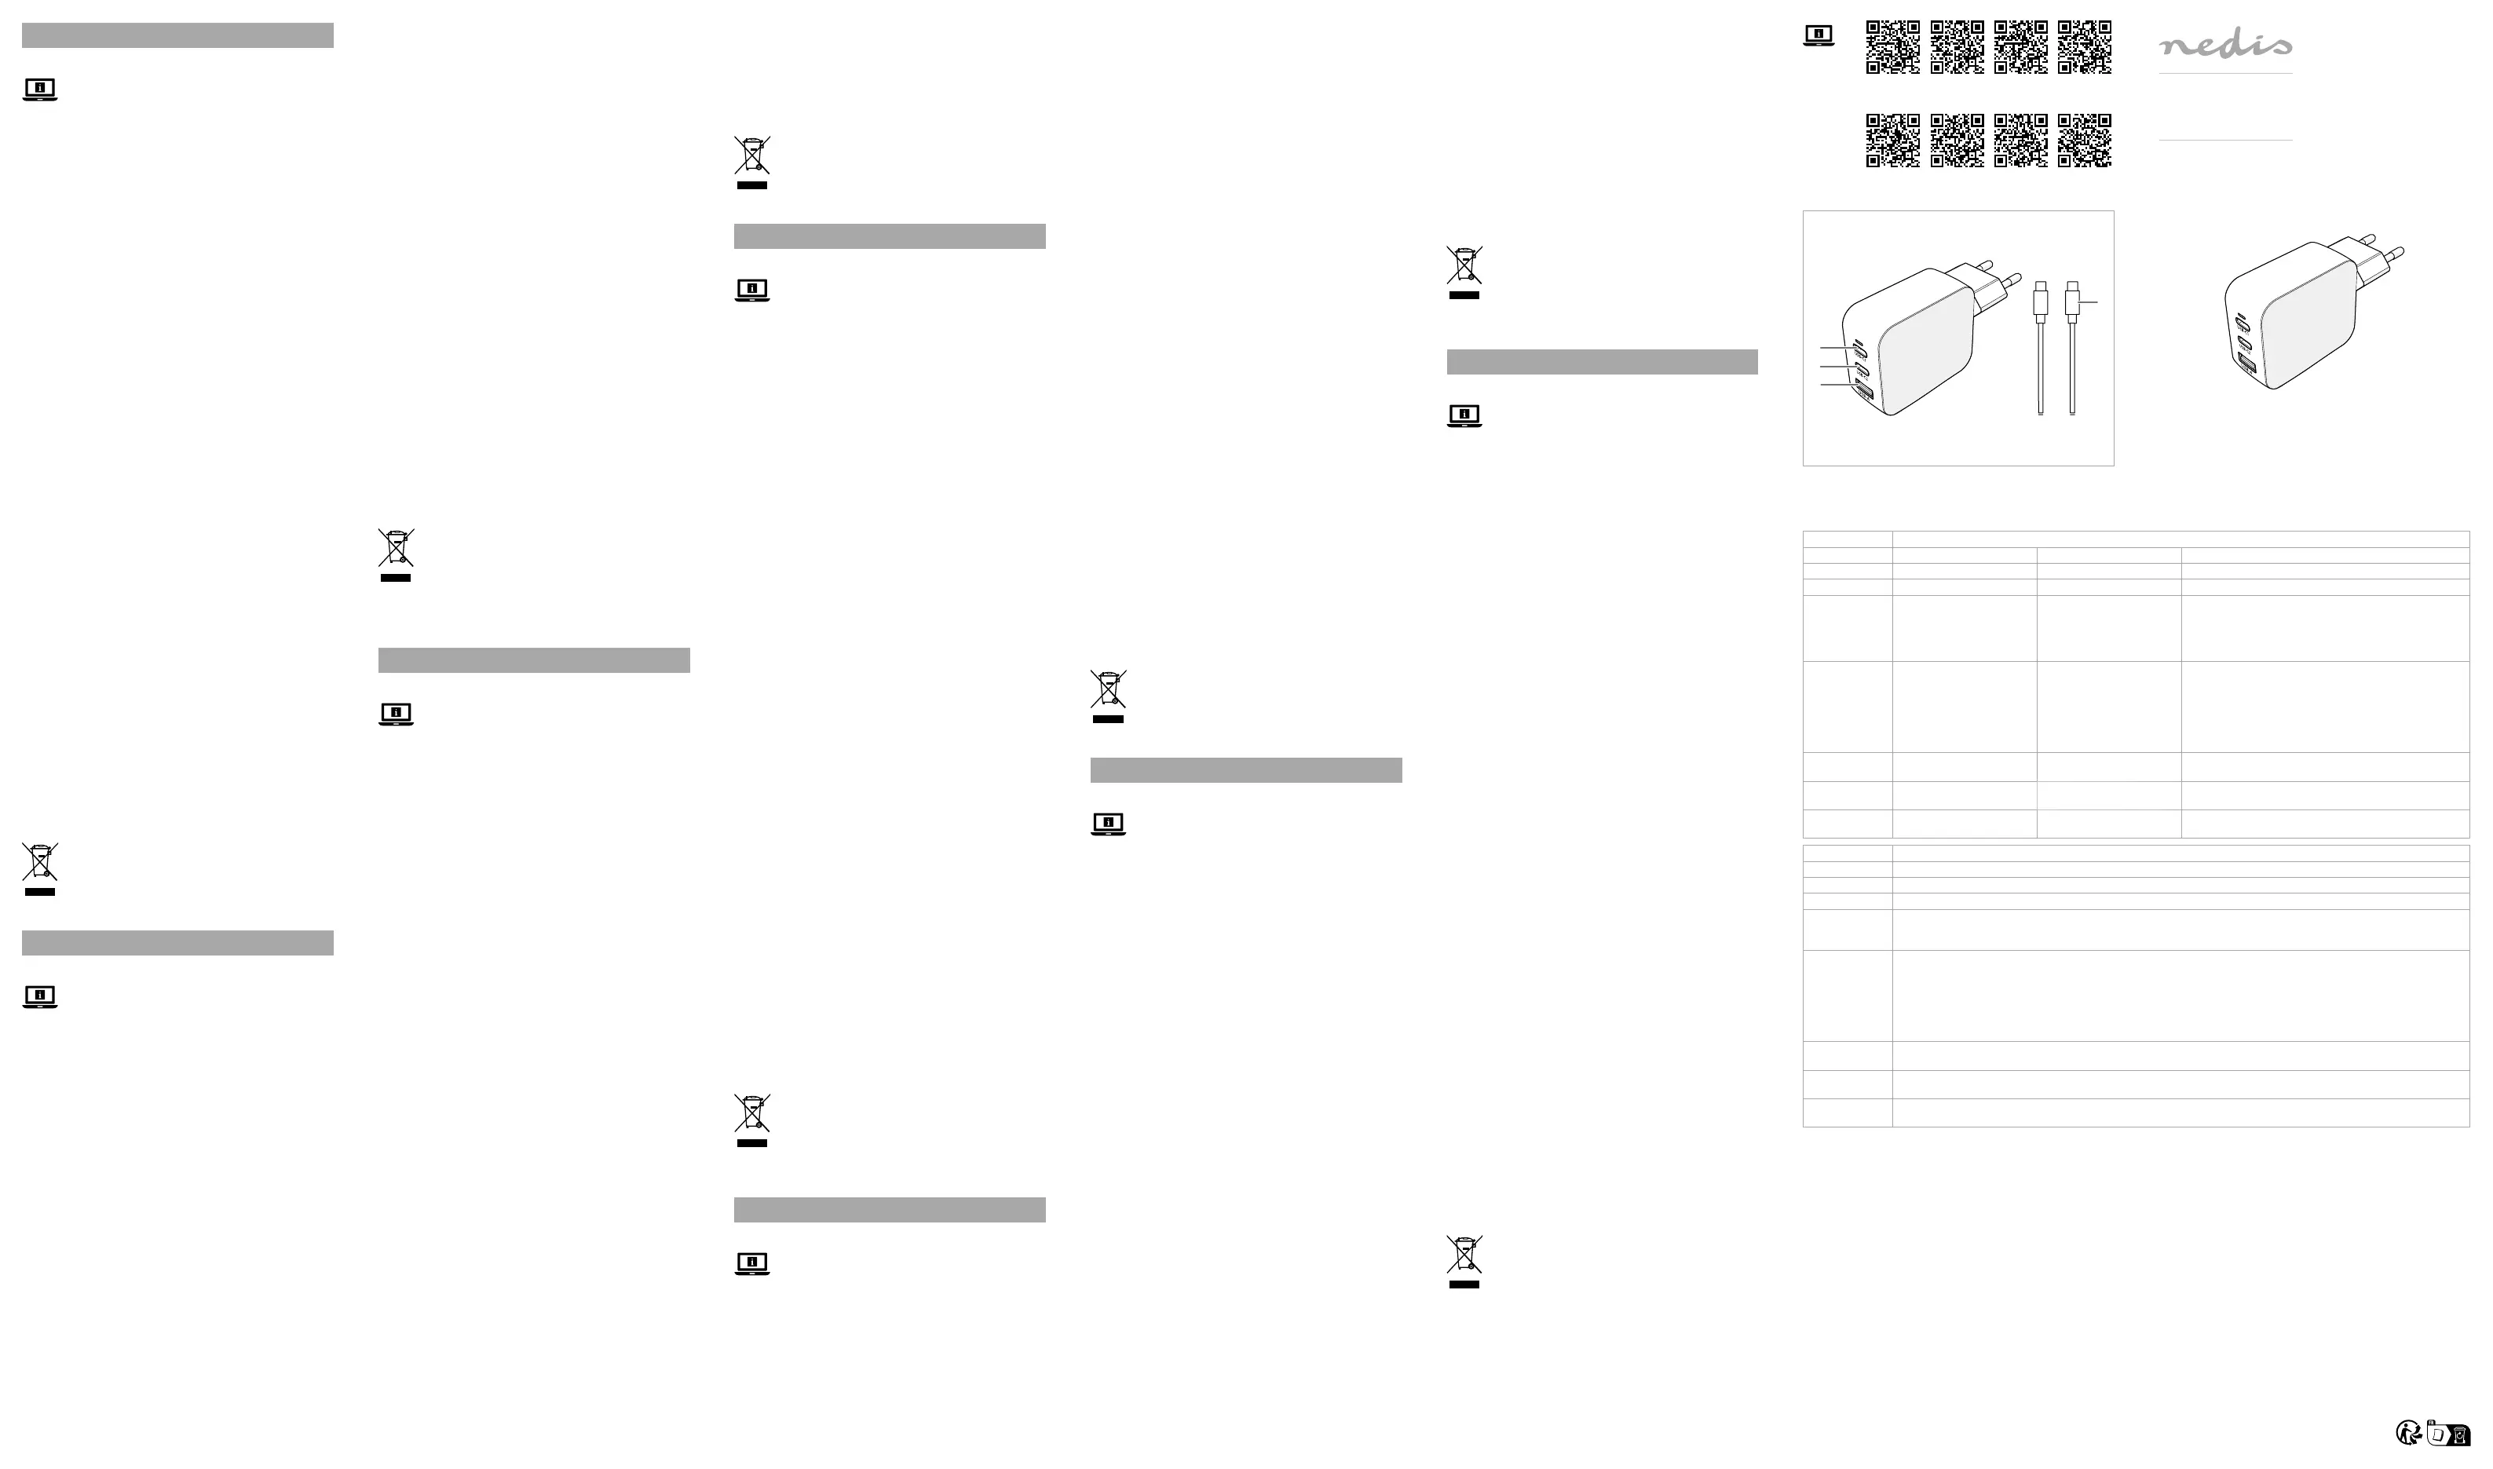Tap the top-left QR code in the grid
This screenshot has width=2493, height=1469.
click(x=1892, y=46)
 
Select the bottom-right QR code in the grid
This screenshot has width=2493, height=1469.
click(x=2084, y=141)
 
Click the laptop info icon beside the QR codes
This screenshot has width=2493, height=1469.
click(x=1819, y=35)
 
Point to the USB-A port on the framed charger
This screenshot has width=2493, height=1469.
click(x=1865, y=393)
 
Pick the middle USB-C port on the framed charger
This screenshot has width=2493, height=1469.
click(x=1862, y=371)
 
